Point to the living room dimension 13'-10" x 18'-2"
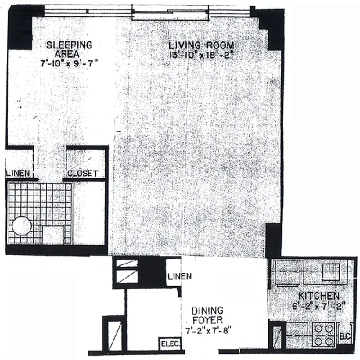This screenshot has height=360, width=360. (x=201, y=55)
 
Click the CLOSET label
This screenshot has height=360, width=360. (x=82, y=174)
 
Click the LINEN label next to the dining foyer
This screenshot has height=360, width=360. (x=179, y=276)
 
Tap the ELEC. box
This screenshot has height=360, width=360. (x=171, y=344)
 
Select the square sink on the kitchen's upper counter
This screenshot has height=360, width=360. (x=331, y=271)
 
